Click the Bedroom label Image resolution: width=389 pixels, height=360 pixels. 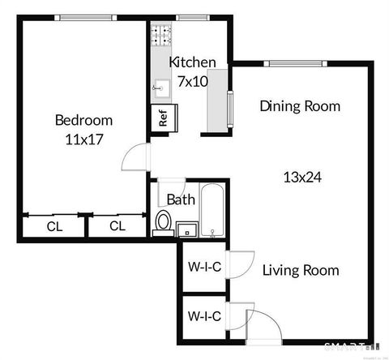click(83, 121)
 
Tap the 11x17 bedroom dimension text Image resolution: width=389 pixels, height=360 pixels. click(83, 139)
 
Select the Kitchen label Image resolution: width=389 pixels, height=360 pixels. click(192, 62)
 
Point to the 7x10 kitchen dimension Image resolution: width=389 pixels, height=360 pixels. click(193, 80)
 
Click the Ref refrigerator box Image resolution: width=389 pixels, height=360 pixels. click(162, 115)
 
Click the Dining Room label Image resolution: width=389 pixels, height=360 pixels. click(299, 106)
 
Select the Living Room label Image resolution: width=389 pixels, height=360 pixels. click(301, 270)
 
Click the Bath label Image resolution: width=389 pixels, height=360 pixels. click(179, 199)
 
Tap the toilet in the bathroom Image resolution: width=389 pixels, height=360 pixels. click(163, 221)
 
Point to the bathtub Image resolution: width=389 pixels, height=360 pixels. click(213, 212)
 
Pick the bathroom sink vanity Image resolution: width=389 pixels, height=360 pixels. click(187, 228)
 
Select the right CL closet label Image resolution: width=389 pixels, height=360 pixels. click(117, 226)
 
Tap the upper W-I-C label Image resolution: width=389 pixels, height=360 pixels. click(204, 265)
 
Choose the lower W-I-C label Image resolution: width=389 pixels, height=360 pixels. click(204, 315)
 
